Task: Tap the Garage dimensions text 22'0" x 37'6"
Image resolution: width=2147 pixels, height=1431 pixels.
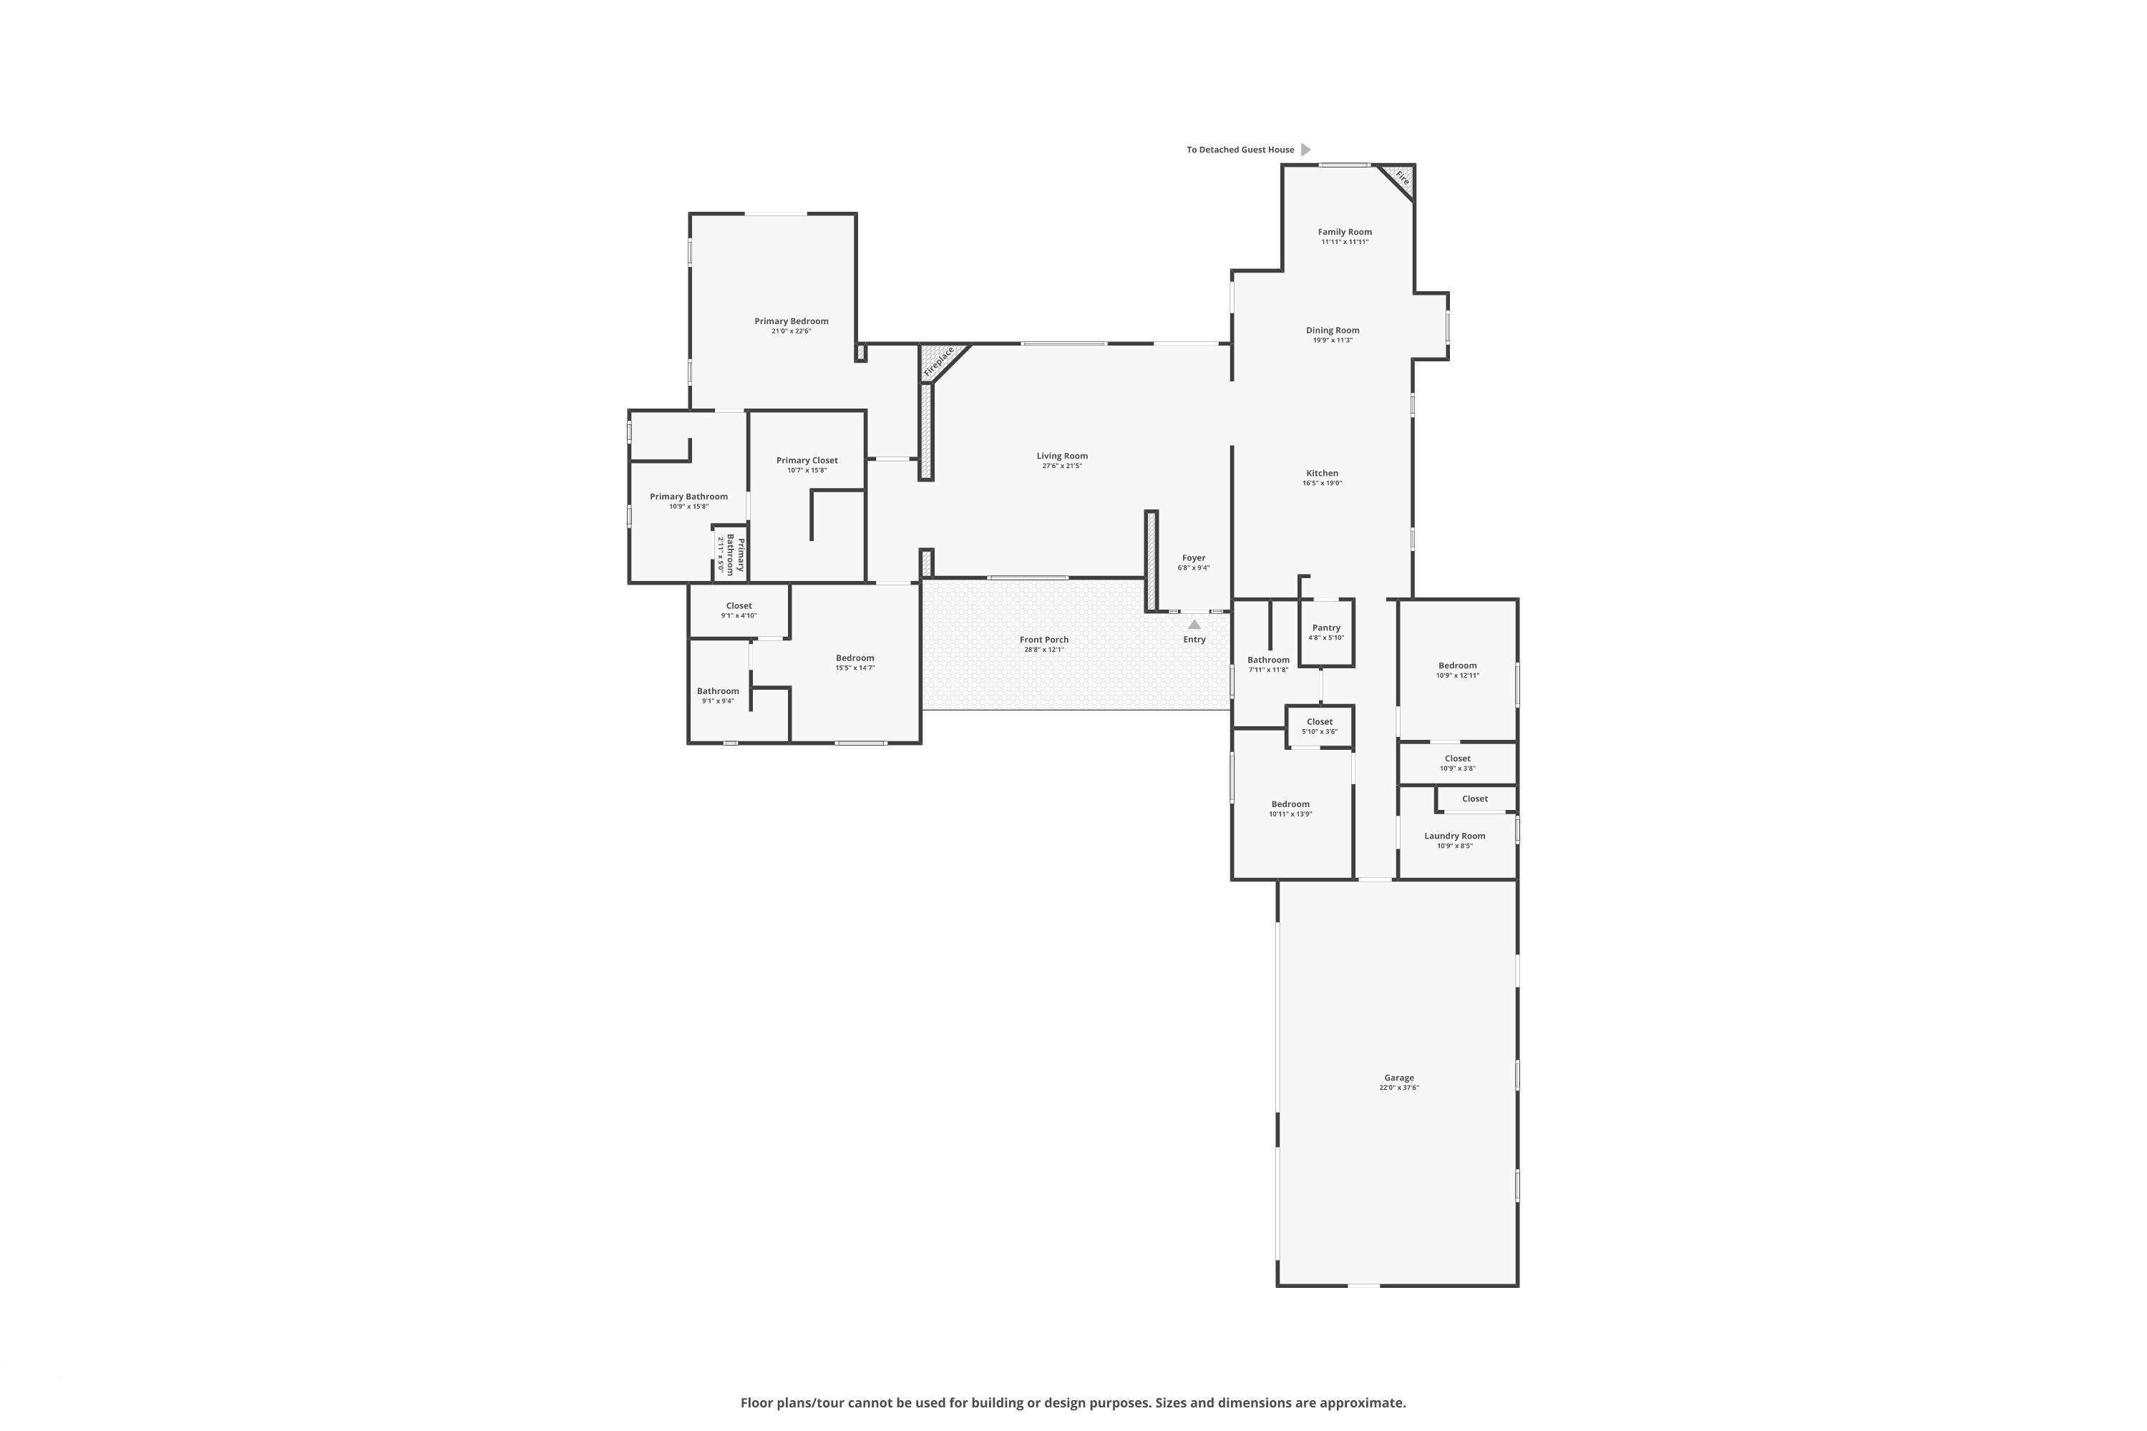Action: tap(1398, 1088)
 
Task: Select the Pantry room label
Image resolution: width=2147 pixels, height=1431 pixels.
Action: tap(1325, 628)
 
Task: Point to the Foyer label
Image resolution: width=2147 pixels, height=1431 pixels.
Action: tap(1193, 557)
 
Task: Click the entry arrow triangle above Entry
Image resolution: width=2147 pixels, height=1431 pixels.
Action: tap(1194, 624)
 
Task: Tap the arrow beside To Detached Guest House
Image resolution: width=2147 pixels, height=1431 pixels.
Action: tap(1305, 150)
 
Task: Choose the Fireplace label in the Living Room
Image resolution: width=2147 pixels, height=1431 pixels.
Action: tap(939, 361)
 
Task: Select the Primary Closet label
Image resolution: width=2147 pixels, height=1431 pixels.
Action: tap(807, 461)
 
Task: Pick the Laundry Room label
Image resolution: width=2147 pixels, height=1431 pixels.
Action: tap(1454, 836)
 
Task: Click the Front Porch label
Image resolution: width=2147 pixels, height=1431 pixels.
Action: tap(1043, 640)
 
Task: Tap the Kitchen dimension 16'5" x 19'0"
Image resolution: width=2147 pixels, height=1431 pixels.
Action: tap(1322, 483)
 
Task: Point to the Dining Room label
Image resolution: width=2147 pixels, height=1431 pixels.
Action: tap(1332, 331)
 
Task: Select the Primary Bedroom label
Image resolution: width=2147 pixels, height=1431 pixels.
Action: tap(791, 321)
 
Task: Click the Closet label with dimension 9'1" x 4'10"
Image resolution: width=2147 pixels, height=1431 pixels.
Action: tap(739, 606)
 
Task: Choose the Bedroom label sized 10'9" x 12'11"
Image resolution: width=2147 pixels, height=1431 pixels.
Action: tap(1457, 665)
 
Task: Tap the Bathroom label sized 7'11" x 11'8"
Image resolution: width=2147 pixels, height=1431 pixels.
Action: tap(1268, 660)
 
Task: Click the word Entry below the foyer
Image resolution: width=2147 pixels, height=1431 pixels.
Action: tap(1194, 640)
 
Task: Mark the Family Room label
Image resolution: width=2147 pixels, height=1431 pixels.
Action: tap(1344, 232)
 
